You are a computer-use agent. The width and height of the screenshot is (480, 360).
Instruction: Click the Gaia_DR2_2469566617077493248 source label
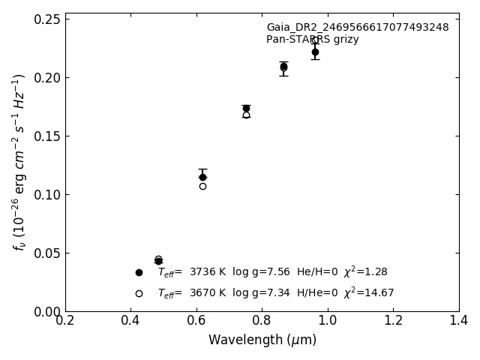pyautogui.click(x=357, y=28)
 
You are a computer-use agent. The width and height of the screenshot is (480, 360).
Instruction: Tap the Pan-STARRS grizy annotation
pyautogui.click(x=312, y=40)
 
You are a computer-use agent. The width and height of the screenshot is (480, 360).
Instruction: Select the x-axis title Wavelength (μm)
pyautogui.click(x=262, y=340)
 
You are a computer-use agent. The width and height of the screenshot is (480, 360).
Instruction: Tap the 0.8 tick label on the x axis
pyautogui.click(x=262, y=320)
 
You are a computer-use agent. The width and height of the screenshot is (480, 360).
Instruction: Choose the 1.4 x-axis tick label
pyautogui.click(x=458, y=320)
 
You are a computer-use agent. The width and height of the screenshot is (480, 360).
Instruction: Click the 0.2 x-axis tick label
pyautogui.click(x=65, y=320)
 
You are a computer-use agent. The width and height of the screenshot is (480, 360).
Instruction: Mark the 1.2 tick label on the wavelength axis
pyautogui.click(x=393, y=320)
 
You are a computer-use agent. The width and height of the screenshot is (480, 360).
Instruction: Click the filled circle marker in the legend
pyautogui.click(x=139, y=272)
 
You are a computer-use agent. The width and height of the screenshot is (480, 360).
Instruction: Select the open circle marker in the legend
pyautogui.click(x=139, y=293)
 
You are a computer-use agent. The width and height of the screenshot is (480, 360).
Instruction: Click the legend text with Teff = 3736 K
pyautogui.click(x=272, y=272)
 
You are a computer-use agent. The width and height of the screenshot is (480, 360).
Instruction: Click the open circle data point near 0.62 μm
pyautogui.click(x=202, y=186)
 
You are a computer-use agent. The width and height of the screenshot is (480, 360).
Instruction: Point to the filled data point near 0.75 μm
pyautogui.click(x=246, y=109)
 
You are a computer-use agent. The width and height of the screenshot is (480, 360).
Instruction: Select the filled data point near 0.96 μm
pyautogui.click(x=315, y=52)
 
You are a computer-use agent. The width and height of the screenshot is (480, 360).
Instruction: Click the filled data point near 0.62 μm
pyautogui.click(x=202, y=177)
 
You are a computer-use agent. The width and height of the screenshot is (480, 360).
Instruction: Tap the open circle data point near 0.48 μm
pyautogui.click(x=158, y=259)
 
